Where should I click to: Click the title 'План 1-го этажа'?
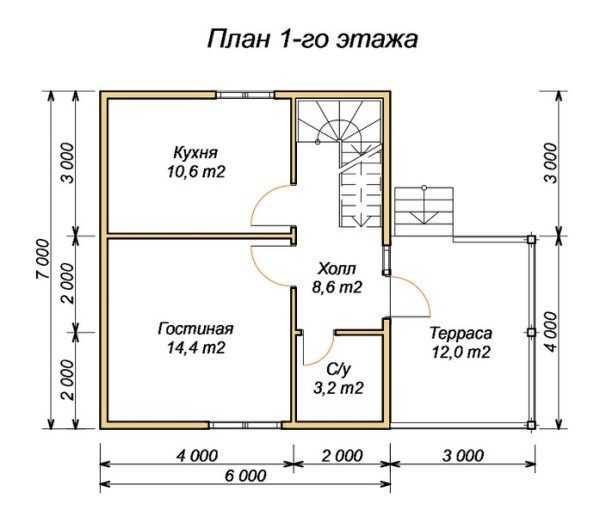(312, 39)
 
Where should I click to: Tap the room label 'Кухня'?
(196, 152)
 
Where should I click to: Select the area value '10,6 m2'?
(196, 171)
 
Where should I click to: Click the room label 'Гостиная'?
(196, 328)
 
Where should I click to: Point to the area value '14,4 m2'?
(196, 347)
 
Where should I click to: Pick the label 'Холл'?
(337, 268)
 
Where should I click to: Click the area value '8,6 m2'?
(337, 287)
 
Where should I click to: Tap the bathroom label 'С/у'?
(338, 369)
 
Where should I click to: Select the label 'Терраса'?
(461, 333)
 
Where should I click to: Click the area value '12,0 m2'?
(461, 352)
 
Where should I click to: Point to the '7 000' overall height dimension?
(43, 259)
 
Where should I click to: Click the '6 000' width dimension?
(245, 476)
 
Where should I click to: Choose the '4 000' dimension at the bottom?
(197, 456)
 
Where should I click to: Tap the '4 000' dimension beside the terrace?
(551, 332)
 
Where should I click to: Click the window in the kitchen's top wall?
(245, 95)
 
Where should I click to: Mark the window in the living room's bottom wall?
(245, 425)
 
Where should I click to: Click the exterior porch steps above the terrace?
(424, 211)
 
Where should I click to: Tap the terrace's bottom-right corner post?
(531, 425)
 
